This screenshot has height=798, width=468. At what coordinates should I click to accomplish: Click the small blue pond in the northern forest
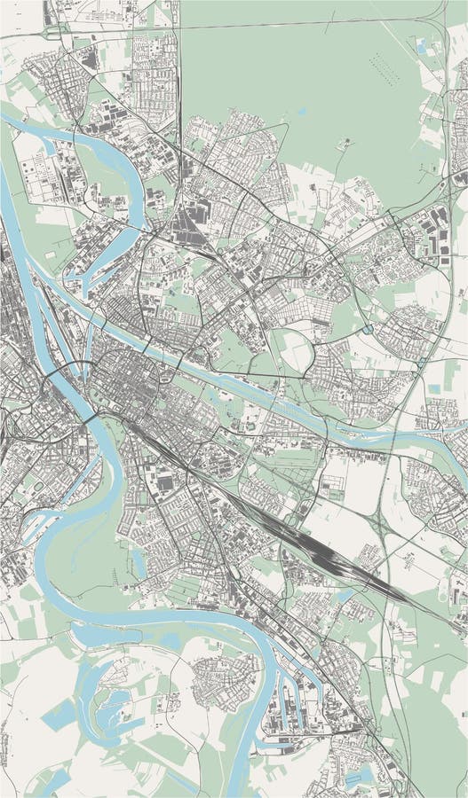(x=302, y=112)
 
